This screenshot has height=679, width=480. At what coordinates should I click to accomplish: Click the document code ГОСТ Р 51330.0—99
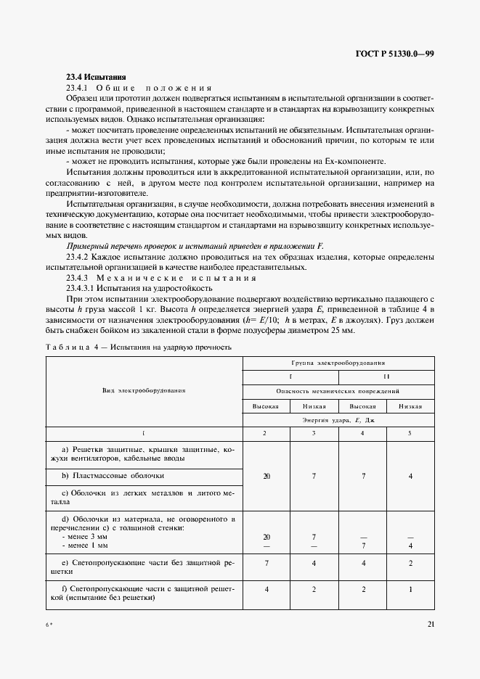coord(394,53)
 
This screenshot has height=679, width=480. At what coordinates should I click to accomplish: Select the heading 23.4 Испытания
coord(97,76)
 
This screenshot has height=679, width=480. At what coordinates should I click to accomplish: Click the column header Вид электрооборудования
coord(144,390)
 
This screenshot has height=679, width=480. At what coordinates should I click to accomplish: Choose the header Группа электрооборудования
coord(338,361)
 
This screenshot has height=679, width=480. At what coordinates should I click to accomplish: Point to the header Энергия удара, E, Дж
coord(338,420)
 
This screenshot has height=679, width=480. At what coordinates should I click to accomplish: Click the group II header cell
coord(386,376)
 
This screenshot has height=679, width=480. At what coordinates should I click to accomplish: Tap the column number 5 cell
coord(410,433)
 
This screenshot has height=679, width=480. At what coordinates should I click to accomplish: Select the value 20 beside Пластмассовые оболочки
coord(266,476)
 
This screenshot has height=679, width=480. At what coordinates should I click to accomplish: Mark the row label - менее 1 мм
coord(85,544)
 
